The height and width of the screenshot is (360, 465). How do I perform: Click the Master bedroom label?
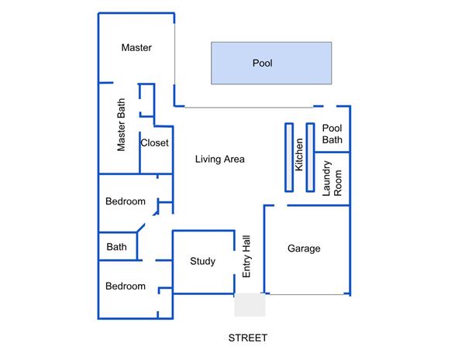pyautogui.click(x=136, y=47)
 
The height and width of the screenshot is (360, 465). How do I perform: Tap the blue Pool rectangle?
pyautogui.click(x=271, y=63)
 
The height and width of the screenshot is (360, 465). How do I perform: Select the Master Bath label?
pyautogui.click(x=121, y=125)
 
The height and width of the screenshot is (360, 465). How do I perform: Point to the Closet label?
pyautogui.click(x=154, y=142)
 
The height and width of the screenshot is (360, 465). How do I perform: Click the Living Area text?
pyautogui.click(x=220, y=159)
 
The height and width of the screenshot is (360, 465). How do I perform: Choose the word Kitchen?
pyautogui.click(x=299, y=155)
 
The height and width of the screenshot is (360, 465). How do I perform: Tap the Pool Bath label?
pyautogui.click(x=332, y=134)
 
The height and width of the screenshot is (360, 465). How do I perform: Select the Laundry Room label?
pyautogui.click(x=332, y=179)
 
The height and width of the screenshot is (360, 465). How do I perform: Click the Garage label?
pyautogui.click(x=304, y=249)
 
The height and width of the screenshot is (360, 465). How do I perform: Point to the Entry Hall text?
pyautogui.click(x=246, y=256)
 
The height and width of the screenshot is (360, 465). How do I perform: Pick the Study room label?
pyautogui.click(x=202, y=261)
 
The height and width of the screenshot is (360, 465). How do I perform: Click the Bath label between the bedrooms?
pyautogui.click(x=116, y=247)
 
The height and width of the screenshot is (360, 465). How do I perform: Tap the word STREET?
pyautogui.click(x=248, y=338)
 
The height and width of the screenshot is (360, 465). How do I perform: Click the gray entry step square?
pyautogui.click(x=250, y=305)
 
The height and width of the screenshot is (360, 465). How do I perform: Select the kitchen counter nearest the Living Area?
pyautogui.click(x=289, y=158)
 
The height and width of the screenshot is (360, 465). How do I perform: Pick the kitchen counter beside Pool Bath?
pyautogui.click(x=310, y=158)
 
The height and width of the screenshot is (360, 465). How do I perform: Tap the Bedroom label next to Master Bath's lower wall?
pyautogui.click(x=126, y=201)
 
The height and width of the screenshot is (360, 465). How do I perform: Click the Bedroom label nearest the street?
pyautogui.click(x=126, y=286)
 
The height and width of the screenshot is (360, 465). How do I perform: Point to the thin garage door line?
pyautogui.click(x=307, y=294)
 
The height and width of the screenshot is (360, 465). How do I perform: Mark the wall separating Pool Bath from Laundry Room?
pyautogui.click(x=332, y=153)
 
